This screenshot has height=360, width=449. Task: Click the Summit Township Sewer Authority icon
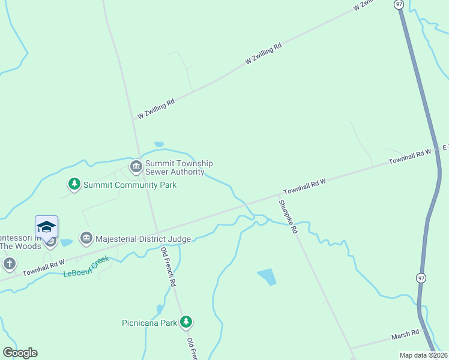(x=136, y=166)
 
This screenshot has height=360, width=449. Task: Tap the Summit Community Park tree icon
(x=74, y=184)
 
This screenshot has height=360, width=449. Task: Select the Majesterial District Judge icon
(x=86, y=238)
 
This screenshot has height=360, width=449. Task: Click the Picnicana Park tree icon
(x=187, y=322)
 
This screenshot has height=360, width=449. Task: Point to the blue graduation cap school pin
(x=46, y=227)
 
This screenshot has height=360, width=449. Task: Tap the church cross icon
(x=9, y=263)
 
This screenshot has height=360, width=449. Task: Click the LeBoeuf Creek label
(x=87, y=266)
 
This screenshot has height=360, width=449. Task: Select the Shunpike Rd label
(x=288, y=216)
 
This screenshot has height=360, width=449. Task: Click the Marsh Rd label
(x=407, y=334)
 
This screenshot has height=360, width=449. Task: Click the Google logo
(x=20, y=353)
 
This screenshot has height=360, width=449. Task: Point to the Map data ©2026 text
(x=423, y=355)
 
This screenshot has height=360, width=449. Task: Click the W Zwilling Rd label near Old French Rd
(x=156, y=108)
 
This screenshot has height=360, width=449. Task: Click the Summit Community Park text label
(x=130, y=185)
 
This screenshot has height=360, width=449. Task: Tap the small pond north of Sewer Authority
(x=159, y=144)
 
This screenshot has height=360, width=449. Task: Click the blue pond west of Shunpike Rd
(x=268, y=277)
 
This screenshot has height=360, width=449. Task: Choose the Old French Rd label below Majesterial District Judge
(x=168, y=265)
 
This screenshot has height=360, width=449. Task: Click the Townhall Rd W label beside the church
(x=43, y=268)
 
